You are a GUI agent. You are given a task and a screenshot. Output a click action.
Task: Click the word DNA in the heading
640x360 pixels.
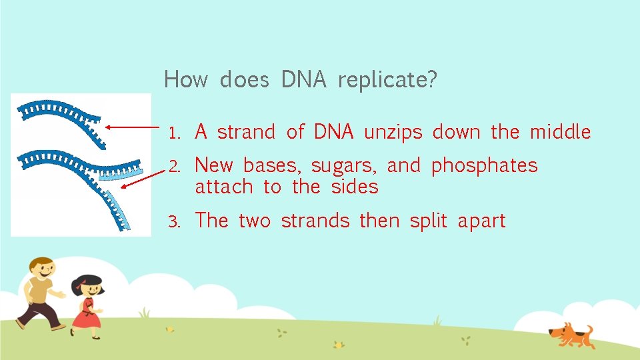click(x=303, y=80)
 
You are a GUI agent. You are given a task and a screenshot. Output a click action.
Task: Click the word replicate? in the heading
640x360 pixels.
click(x=387, y=81)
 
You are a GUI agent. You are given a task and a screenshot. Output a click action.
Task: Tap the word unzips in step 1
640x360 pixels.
click(x=393, y=133)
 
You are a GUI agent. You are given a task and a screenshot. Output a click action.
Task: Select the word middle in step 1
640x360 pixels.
click(x=560, y=132)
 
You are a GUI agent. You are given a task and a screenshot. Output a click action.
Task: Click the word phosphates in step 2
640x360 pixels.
click(x=484, y=165)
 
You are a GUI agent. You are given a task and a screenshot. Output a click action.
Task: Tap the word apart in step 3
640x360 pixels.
click(x=481, y=221)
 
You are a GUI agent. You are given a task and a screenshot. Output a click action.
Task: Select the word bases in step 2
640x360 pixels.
click(x=272, y=165)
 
